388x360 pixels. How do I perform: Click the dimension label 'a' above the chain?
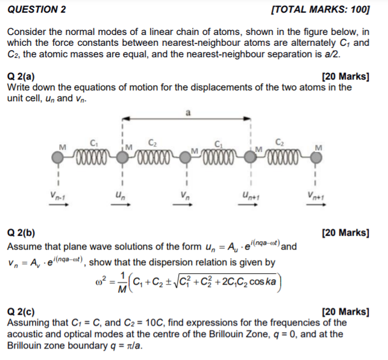(188, 113)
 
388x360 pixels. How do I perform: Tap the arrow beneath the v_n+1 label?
(315, 205)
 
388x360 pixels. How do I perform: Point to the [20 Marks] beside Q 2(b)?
(345, 232)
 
